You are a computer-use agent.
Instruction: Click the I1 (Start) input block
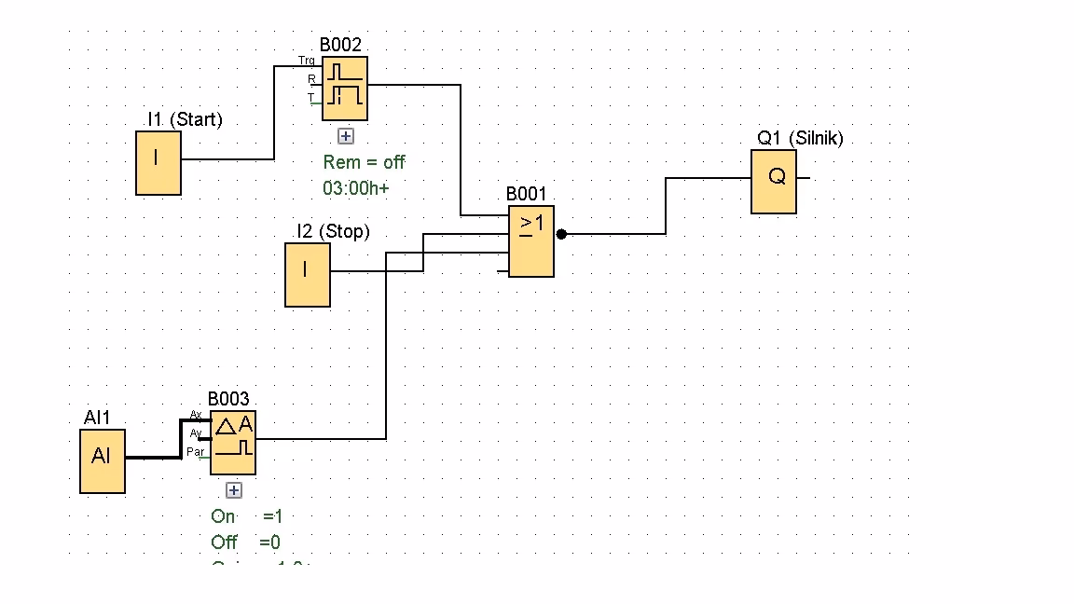click(x=158, y=162)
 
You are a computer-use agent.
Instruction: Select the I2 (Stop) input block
click(x=308, y=274)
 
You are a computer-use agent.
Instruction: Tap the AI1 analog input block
click(x=103, y=460)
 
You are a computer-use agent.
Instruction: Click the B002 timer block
click(x=345, y=89)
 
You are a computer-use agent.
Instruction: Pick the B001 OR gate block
click(x=531, y=241)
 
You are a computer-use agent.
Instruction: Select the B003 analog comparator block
click(x=233, y=442)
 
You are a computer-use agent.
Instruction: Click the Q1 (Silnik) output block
click(x=774, y=181)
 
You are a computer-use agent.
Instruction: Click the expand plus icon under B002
click(x=346, y=136)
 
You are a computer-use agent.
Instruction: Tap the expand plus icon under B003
click(x=234, y=490)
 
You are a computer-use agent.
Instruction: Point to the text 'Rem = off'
click(x=365, y=162)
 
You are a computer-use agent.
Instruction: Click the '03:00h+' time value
click(x=356, y=187)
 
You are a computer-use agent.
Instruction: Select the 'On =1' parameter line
click(x=247, y=516)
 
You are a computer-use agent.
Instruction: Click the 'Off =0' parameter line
click(x=245, y=542)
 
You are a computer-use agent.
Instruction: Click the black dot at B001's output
click(x=561, y=234)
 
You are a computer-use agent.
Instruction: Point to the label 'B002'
click(x=340, y=45)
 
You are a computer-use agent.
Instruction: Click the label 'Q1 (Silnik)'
click(x=800, y=138)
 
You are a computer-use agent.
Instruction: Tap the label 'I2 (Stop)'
click(x=333, y=231)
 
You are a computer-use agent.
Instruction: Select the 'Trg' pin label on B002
click(x=307, y=61)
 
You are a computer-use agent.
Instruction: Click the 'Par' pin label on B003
click(x=196, y=452)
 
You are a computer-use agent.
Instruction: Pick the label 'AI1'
click(x=97, y=418)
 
